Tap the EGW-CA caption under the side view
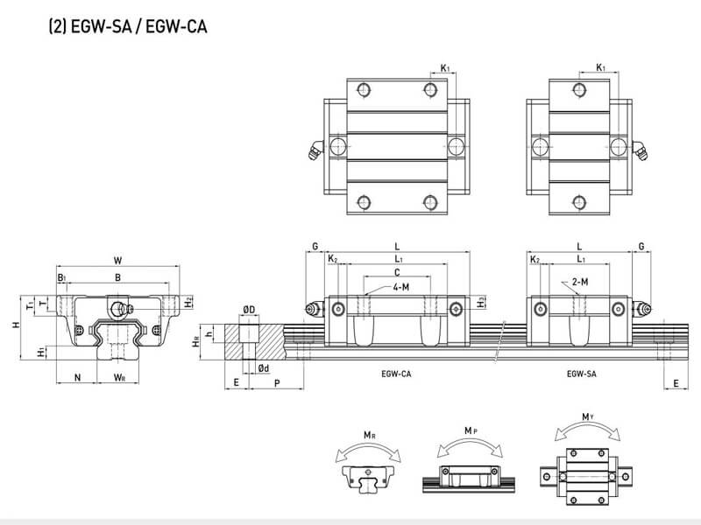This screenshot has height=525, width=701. click(396, 374)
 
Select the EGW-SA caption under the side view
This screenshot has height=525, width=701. click(581, 374)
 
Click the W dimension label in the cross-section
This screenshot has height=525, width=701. click(118, 259)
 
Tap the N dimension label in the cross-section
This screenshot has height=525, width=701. click(78, 378)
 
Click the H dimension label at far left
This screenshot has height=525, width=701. click(15, 325)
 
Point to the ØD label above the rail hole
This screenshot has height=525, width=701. click(249, 310)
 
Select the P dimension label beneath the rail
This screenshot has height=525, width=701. click(277, 382)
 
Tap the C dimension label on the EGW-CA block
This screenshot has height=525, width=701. click(397, 273)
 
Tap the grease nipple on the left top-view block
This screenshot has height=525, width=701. click(314, 150)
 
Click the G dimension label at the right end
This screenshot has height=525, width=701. click(642, 248)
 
